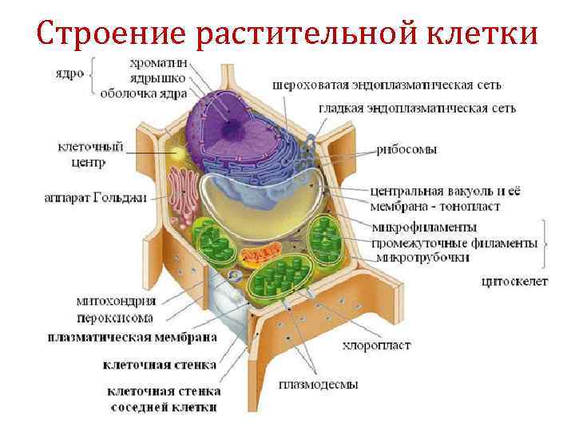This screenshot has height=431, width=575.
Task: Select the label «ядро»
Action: (70, 72)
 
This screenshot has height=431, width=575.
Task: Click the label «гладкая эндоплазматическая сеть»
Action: (417, 108)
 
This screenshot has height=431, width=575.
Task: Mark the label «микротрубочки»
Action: (423, 257)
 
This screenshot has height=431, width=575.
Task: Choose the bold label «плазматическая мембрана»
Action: (132, 337)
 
